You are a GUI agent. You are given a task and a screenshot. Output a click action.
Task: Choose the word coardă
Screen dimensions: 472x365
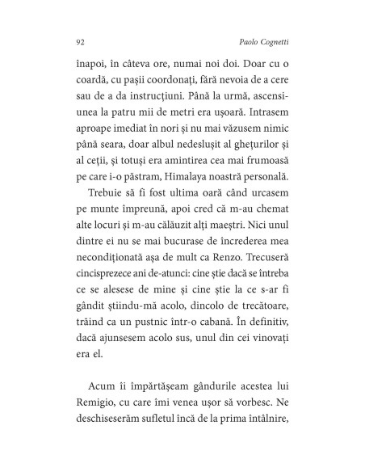[x=91, y=82]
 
